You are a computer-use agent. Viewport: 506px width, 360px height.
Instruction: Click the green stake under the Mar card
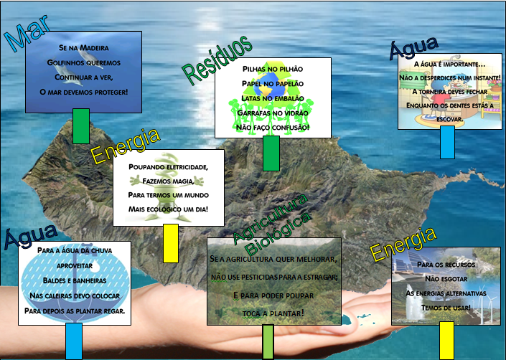coord(81,126)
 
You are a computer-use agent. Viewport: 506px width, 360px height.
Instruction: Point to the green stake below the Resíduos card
coord(271,153)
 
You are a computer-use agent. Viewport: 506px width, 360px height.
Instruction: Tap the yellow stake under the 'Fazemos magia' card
coord(171,242)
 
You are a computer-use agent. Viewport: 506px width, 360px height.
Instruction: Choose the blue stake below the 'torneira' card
coord(447,142)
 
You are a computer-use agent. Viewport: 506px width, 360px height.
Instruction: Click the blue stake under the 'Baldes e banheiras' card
coord(74,341)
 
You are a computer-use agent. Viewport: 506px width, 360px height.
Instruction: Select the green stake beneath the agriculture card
coord(268,341)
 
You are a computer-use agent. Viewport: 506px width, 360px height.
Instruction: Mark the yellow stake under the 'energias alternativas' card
coord(446,340)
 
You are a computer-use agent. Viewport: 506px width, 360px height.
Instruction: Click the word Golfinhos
coord(64,62)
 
